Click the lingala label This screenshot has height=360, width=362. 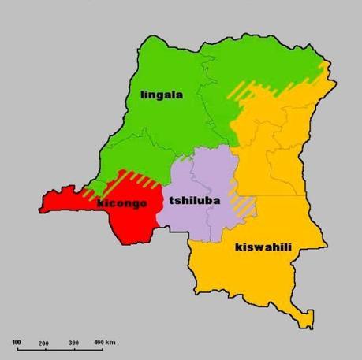coord(161,95)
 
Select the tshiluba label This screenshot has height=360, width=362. coord(193,201)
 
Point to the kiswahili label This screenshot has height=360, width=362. coord(263,247)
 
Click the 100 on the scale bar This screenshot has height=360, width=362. coord(17,343)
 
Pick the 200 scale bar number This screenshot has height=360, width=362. coord(43,343)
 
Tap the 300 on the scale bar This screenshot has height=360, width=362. coord(73,343)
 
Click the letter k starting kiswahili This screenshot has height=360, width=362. coord(239,247)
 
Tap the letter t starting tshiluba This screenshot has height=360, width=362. coord(171,201)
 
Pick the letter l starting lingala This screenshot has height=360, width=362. coord(142,95)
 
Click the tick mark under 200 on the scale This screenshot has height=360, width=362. coord(44,350)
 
